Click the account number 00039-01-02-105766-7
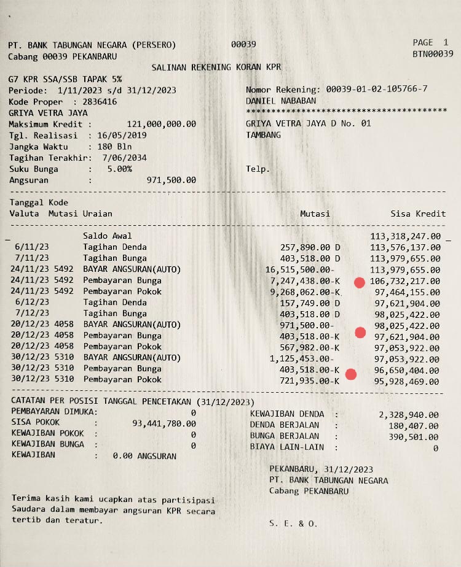[x=377, y=90]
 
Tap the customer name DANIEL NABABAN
[x=281, y=101]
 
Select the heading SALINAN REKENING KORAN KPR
[x=215, y=67]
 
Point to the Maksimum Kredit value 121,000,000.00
[x=161, y=124]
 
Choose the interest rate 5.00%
[x=119, y=169]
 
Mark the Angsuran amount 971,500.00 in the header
[x=171, y=180]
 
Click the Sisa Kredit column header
[x=418, y=214]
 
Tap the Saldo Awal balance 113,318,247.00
[x=406, y=236]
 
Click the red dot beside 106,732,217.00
[x=360, y=282]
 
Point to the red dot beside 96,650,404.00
[x=351, y=374]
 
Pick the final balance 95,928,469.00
[x=408, y=380]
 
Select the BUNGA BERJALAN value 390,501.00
[x=414, y=437]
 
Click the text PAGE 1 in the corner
[x=431, y=42]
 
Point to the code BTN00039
[x=433, y=54]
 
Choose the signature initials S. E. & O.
[x=293, y=523]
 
